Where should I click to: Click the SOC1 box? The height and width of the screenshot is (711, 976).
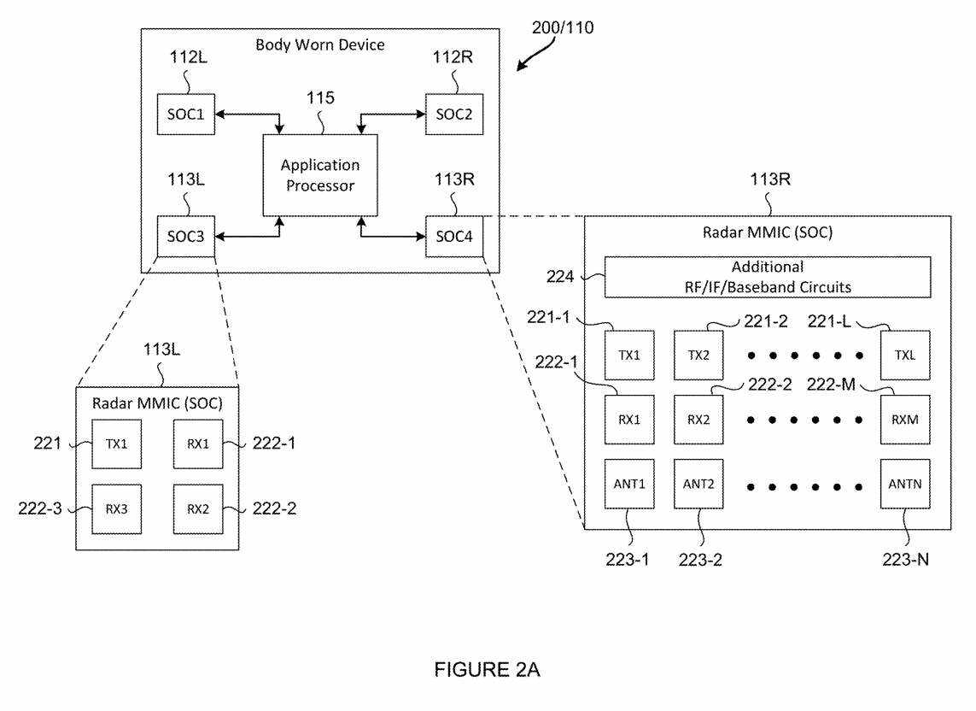186,115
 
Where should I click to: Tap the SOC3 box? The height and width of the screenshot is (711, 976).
186,237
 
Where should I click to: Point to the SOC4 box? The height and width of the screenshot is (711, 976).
454,237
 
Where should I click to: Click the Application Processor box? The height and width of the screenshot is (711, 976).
319,174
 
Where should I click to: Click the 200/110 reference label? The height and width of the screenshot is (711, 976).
564,28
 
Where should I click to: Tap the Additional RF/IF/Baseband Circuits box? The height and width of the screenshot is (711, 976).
767,277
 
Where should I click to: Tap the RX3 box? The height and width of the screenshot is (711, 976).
116,509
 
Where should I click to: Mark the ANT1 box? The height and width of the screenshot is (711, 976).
628,483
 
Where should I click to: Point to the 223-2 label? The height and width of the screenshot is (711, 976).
702,560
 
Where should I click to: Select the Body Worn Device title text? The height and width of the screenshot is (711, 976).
320,44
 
